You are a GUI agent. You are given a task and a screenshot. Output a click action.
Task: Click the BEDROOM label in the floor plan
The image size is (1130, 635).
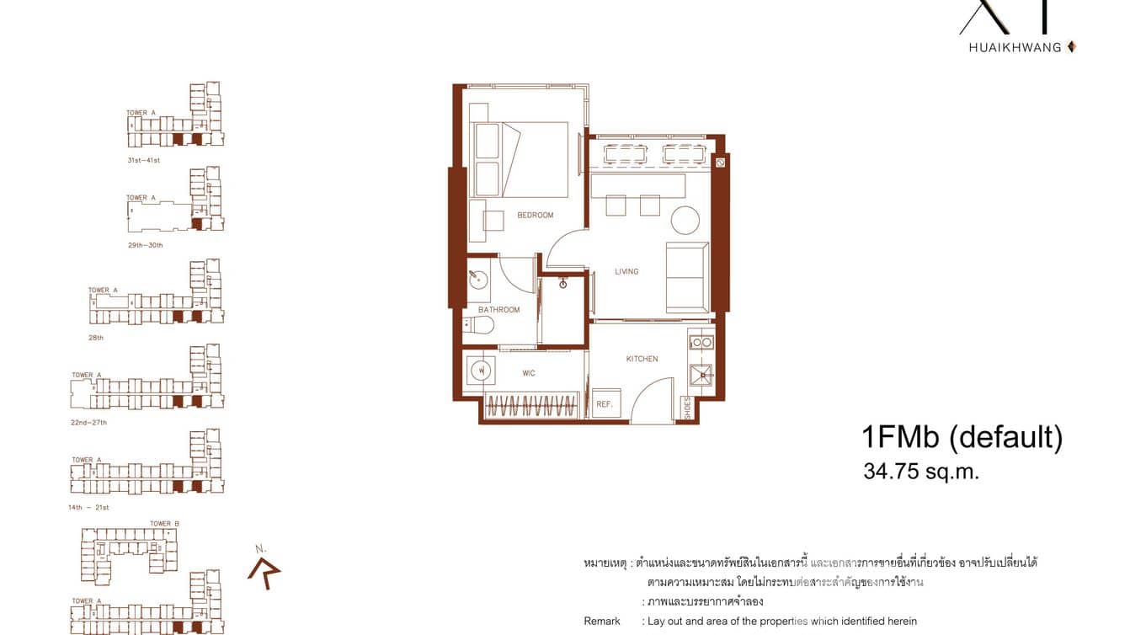[x=536, y=216]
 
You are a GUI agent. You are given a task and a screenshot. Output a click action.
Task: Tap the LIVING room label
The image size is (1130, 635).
[x=626, y=271]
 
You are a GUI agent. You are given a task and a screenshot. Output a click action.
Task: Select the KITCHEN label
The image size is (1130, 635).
[x=642, y=359]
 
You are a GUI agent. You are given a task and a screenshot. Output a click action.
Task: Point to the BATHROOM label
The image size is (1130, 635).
[x=498, y=310]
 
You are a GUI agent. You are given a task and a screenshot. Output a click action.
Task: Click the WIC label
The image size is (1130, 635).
[x=528, y=373]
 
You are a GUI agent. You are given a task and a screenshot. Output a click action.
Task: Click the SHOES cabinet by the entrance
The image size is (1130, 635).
[x=688, y=408]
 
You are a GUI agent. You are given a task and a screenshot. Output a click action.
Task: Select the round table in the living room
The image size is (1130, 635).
[x=685, y=221]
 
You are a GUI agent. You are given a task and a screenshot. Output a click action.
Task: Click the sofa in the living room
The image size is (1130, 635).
[x=687, y=277]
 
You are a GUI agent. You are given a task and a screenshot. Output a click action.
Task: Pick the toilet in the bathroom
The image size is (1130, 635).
[x=478, y=325]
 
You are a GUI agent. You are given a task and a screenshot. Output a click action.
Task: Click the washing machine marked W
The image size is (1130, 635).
[x=480, y=369]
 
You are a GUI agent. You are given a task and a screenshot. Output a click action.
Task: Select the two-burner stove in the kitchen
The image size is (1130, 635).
[x=701, y=342]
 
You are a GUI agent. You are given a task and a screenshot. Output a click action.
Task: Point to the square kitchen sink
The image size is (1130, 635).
[x=701, y=374]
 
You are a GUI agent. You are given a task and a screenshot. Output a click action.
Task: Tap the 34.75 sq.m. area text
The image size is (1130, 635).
[x=921, y=472]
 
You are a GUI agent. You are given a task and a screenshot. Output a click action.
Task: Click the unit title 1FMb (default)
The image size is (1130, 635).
[x=962, y=437]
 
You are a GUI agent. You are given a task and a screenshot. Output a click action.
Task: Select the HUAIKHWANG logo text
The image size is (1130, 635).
[x=1015, y=47]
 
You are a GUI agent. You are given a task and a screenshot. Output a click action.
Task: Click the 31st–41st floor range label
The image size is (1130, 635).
[x=144, y=160]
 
